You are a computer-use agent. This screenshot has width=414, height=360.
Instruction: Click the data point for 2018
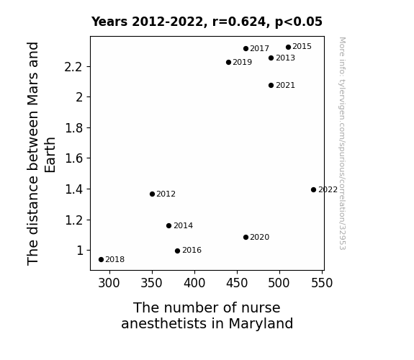point(101,260)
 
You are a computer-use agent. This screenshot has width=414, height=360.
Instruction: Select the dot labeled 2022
point(313,189)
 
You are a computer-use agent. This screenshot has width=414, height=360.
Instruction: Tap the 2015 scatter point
point(288,47)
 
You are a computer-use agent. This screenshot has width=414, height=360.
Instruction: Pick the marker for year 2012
point(152,194)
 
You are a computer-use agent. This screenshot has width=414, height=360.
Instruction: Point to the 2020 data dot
point(246,237)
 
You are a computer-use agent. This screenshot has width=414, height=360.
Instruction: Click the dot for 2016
point(177,251)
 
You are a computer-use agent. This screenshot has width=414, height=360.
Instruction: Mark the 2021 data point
point(271,85)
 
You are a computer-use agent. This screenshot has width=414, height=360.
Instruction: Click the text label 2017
point(259,48)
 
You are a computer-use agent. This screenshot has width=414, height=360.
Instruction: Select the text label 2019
point(243,63)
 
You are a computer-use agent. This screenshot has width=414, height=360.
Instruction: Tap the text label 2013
point(285,58)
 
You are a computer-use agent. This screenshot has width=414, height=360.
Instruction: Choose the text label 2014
point(183,226)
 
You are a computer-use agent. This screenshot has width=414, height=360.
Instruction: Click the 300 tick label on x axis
point(109,283)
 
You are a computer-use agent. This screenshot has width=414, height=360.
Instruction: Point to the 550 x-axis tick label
point(322,283)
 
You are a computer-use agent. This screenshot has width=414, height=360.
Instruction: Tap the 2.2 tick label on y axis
point(73,67)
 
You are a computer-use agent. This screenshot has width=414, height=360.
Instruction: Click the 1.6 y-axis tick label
point(74,158)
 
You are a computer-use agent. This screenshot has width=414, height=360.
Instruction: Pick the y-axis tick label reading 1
point(80,251)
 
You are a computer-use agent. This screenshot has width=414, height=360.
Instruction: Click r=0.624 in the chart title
point(239,22)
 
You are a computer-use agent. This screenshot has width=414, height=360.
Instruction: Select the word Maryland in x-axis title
point(261,323)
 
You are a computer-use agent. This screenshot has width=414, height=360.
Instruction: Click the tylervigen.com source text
point(342,143)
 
